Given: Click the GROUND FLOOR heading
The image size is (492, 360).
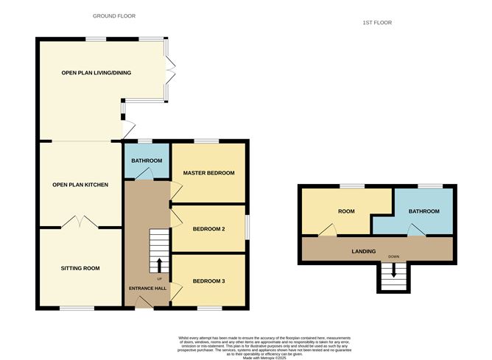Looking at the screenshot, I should point(114,15).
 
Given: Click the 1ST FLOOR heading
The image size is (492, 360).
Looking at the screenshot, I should point(377,23).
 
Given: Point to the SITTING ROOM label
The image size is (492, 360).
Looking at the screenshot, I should point(80,268).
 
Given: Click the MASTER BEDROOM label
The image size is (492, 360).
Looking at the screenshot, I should point(208,173).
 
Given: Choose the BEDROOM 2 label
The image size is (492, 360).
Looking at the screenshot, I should point(208,229).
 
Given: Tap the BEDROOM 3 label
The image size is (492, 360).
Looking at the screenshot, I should point(208,281).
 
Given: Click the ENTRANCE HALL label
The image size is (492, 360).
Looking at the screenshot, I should point(148,288).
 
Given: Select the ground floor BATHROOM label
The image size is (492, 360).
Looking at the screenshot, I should point(147,160).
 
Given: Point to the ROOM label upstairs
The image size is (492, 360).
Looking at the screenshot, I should point(346,212).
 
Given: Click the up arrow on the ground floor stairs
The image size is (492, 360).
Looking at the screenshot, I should point(159,264).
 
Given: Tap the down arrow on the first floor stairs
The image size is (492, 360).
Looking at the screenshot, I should point(393,273).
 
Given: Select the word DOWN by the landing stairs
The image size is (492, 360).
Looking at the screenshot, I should point(393,258).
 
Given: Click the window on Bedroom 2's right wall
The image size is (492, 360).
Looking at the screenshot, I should point(247,227).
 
